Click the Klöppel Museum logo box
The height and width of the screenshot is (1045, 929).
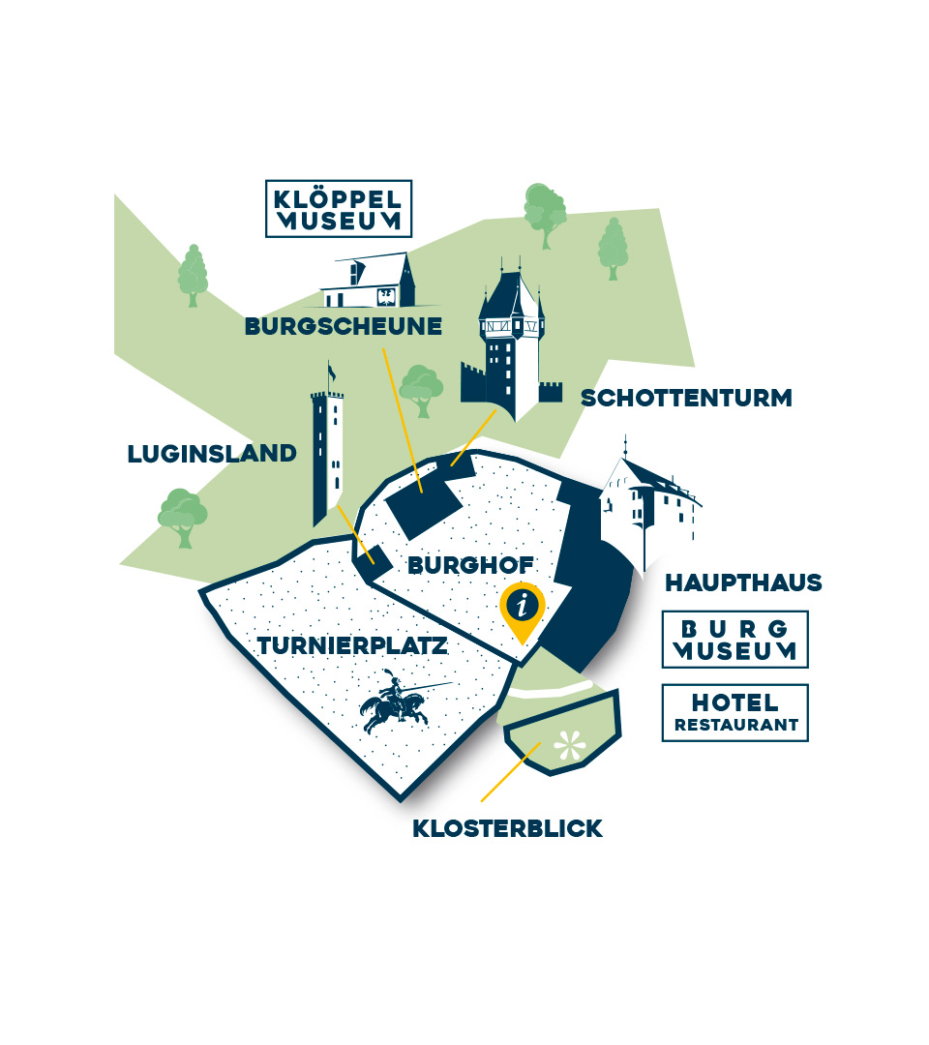(x=339, y=208)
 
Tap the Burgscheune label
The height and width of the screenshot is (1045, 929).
(x=344, y=327)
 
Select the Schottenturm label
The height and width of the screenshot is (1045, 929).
(x=686, y=398)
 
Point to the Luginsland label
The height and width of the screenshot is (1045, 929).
(x=212, y=453)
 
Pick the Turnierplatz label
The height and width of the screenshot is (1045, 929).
(x=353, y=645)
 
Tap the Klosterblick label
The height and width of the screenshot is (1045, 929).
(x=507, y=828)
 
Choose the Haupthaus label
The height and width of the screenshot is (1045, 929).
(x=743, y=582)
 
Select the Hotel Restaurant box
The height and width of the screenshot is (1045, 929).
(x=734, y=713)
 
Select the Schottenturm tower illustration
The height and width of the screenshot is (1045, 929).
(x=511, y=343)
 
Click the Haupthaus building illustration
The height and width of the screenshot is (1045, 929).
(x=646, y=503)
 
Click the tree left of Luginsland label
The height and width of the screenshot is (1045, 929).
(x=182, y=518)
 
